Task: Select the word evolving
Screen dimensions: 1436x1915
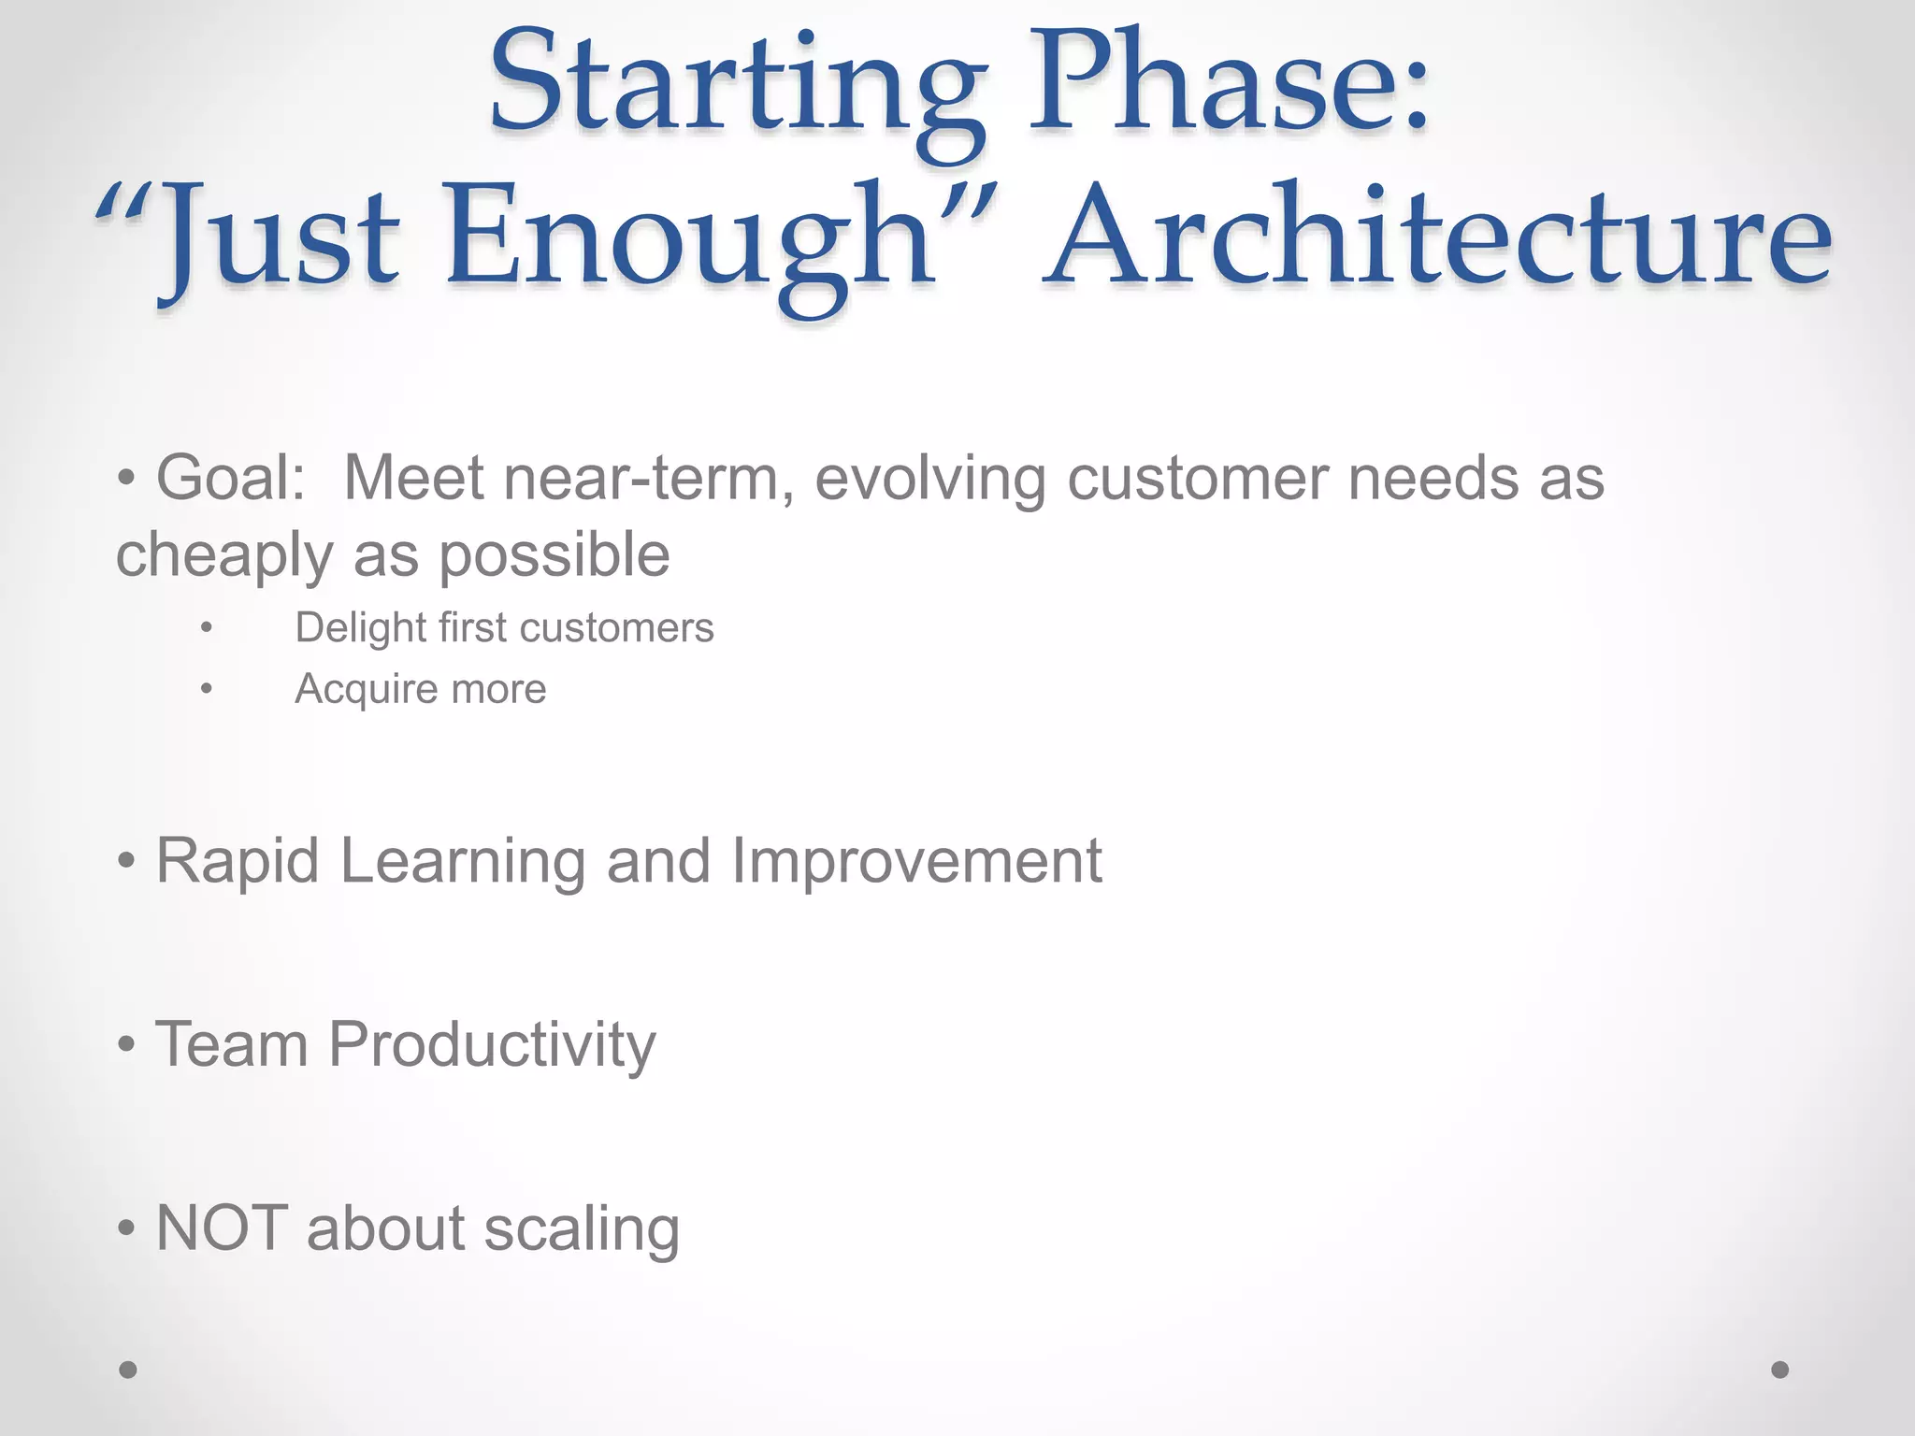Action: [x=929, y=478]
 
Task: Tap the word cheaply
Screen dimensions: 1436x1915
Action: [x=224, y=555]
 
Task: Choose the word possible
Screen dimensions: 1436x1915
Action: [x=554, y=555]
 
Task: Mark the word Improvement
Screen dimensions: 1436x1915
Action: [x=916, y=860]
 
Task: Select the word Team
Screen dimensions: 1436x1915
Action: [x=232, y=1043]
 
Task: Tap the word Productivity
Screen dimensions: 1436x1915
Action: [x=492, y=1045]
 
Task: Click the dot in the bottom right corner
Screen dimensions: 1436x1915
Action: [x=1780, y=1370]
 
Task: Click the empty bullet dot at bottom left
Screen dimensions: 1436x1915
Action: [x=128, y=1370]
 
